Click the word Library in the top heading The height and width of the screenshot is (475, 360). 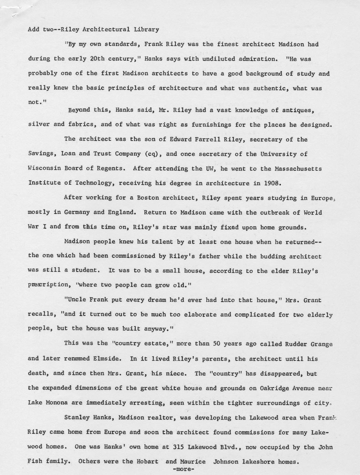146,29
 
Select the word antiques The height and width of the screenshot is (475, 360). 298,110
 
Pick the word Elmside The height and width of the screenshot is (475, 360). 107,358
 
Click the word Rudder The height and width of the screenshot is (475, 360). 296,344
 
